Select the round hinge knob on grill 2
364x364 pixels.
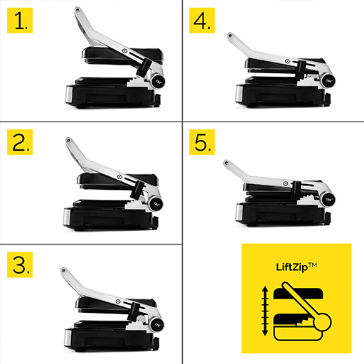(157, 202)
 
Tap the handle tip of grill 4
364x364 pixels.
(228, 35)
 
